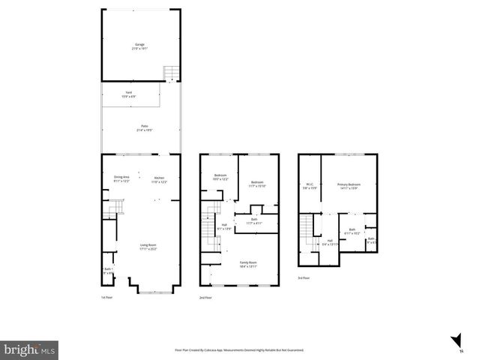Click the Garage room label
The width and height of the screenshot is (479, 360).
[x=139, y=46]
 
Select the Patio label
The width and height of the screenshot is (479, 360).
[x=140, y=129]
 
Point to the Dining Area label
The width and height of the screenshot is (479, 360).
[x=121, y=178]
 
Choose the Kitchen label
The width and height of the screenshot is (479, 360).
[x=159, y=178]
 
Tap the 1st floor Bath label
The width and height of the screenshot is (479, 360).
[x=108, y=271]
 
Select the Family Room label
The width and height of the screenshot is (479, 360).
[x=247, y=264]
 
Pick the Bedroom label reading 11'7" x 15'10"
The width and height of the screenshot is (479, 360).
[x=257, y=184]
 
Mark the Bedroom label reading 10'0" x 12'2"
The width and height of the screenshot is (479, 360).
[x=220, y=178]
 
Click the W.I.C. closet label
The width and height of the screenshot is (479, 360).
[x=310, y=186]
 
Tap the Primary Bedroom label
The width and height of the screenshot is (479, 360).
[x=349, y=186]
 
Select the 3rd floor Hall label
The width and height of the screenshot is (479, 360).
[x=330, y=242]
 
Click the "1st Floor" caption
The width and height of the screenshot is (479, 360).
[x=107, y=298]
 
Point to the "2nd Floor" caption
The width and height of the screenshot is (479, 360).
[x=205, y=298]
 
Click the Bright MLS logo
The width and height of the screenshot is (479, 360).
[x=29, y=349]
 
